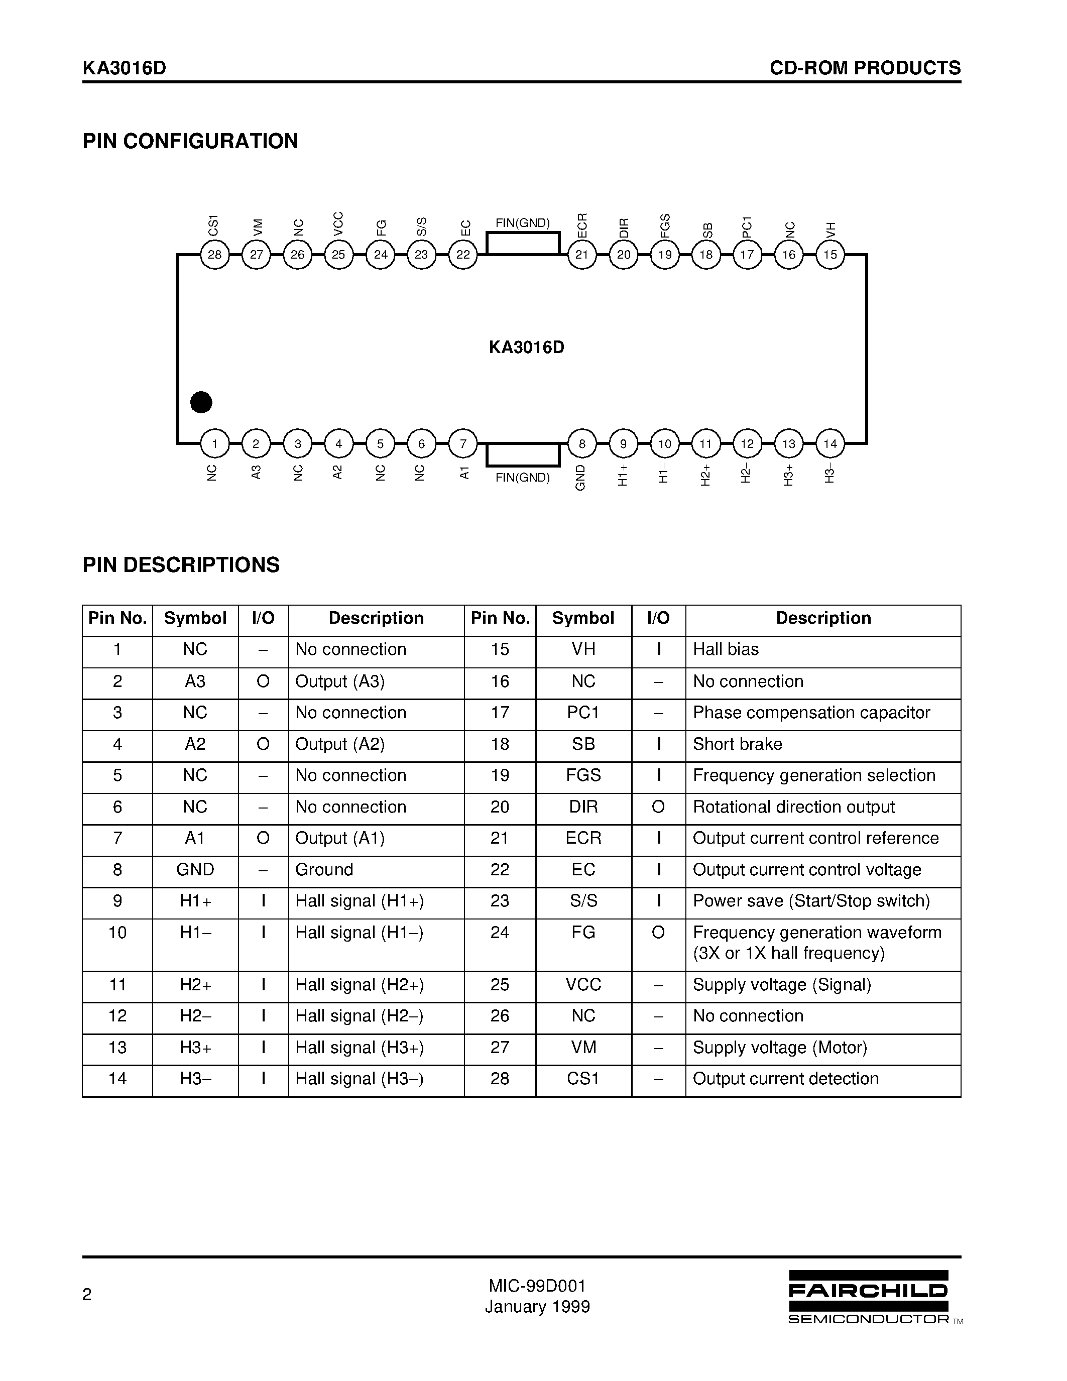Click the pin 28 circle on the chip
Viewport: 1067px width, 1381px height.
click(215, 255)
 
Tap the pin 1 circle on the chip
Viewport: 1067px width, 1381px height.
click(215, 444)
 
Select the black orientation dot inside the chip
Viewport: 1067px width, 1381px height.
click(201, 402)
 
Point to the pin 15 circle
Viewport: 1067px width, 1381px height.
click(830, 255)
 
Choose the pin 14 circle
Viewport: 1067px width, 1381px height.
click(830, 444)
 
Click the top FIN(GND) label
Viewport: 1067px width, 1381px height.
click(522, 223)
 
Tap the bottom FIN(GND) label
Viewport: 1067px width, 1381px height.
click(522, 478)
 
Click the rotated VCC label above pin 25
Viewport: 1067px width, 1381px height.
click(338, 224)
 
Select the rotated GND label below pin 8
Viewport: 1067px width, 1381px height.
click(581, 478)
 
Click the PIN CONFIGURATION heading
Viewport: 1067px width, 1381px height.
click(190, 141)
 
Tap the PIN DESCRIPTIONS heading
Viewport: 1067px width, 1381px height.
click(181, 564)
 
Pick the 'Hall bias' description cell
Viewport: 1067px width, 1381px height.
click(726, 649)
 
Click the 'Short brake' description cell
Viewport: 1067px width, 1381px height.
click(737, 744)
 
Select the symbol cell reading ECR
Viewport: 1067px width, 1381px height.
click(583, 839)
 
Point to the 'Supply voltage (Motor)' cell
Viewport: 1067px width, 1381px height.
click(780, 1048)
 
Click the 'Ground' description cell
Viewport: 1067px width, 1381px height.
click(324, 870)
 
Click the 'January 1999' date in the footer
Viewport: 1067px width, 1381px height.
click(537, 1307)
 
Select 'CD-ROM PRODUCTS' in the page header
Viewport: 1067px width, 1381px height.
click(865, 68)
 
